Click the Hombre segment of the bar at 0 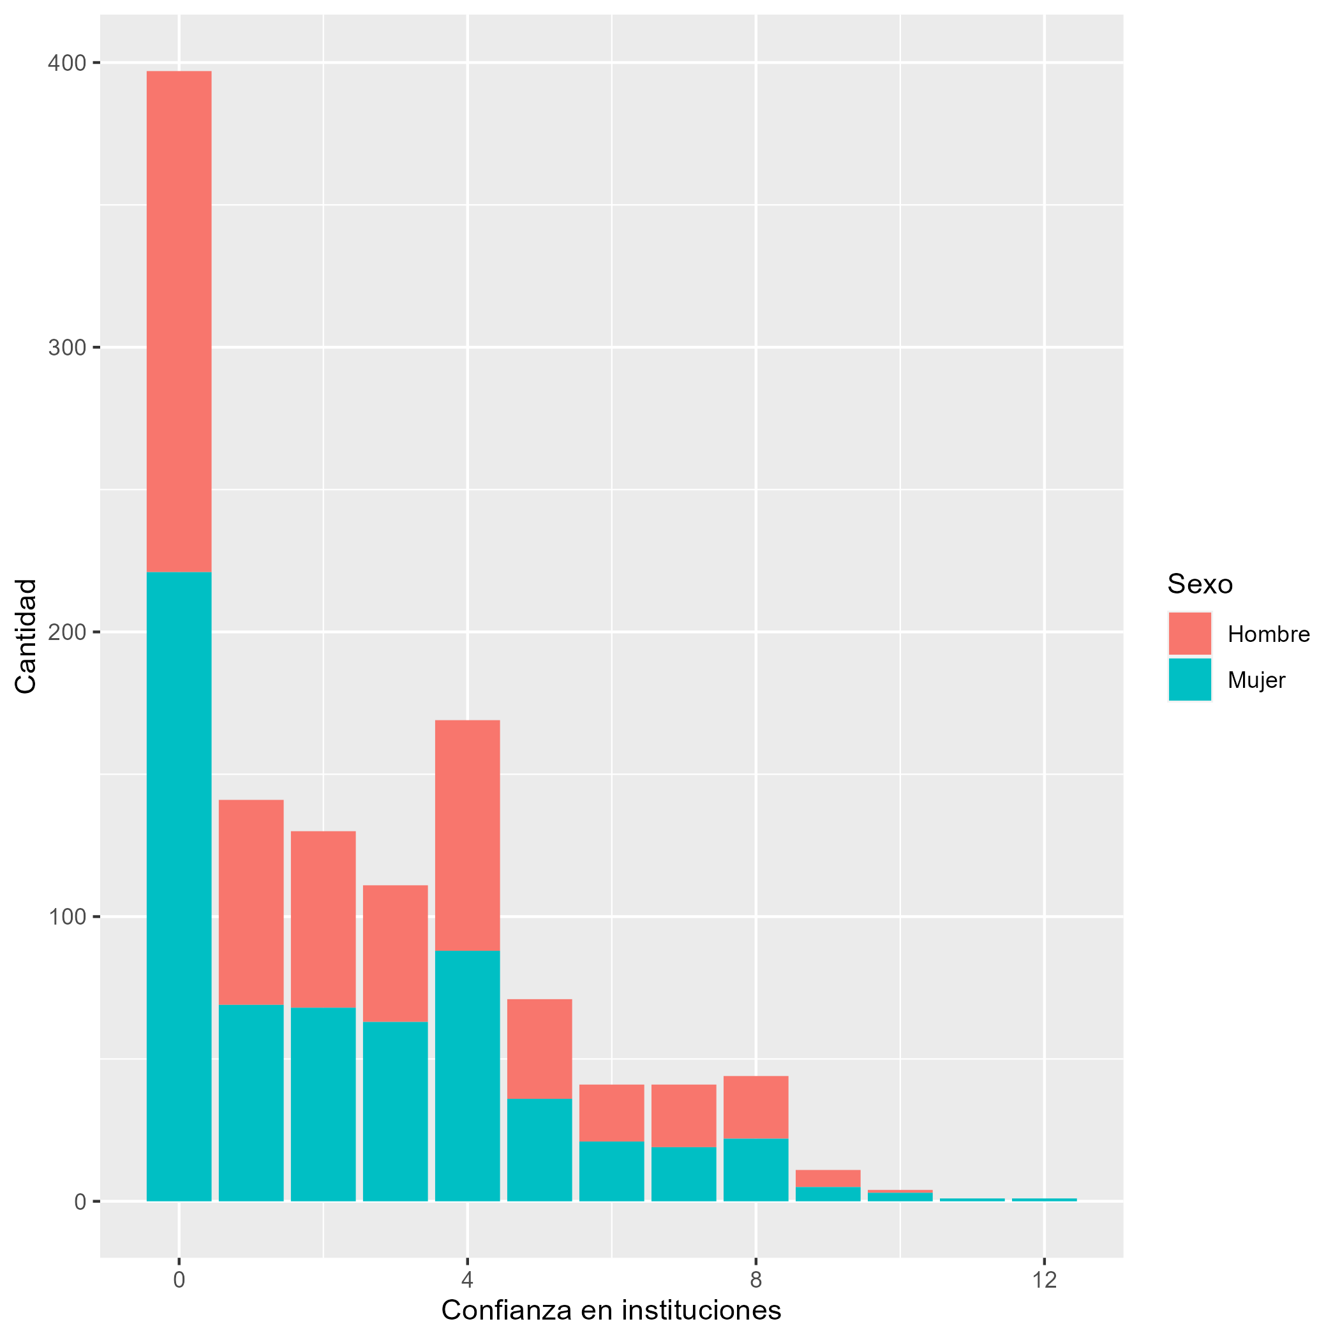[x=179, y=321]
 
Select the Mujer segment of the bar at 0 [x=179, y=886]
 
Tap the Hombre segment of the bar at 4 [x=467, y=835]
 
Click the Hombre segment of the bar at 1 [x=251, y=902]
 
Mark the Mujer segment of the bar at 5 [x=540, y=1149]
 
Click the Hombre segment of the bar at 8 [x=756, y=1107]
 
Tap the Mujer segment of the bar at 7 [x=684, y=1174]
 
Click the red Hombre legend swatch [x=1189, y=633]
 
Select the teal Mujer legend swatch [x=1189, y=680]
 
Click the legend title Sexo [x=1200, y=584]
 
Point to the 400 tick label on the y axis [x=66, y=63]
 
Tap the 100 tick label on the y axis [x=66, y=917]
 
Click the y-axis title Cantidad [x=26, y=636]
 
